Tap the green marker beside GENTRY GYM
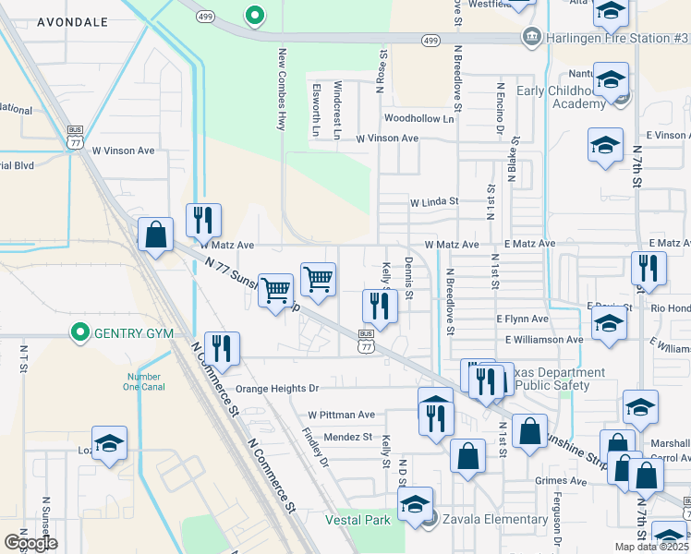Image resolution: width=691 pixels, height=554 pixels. [x=80, y=332]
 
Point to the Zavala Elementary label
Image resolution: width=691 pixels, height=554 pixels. [x=494, y=519]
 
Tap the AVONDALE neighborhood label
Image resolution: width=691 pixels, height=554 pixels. [x=73, y=21]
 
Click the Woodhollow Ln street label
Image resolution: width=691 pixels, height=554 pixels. [x=419, y=119]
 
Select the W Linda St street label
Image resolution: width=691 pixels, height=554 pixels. [x=434, y=201]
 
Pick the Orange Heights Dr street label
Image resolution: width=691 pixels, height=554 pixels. [x=276, y=390]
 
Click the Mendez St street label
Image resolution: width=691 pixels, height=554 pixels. [x=347, y=437]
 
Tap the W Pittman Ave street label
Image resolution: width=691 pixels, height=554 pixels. [x=342, y=415]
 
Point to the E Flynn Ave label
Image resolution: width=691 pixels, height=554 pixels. [x=522, y=319]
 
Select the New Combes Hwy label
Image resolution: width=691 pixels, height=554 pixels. [x=281, y=90]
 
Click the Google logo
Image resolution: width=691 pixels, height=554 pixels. [x=30, y=543]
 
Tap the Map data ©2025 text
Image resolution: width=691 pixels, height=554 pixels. [x=651, y=547]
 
